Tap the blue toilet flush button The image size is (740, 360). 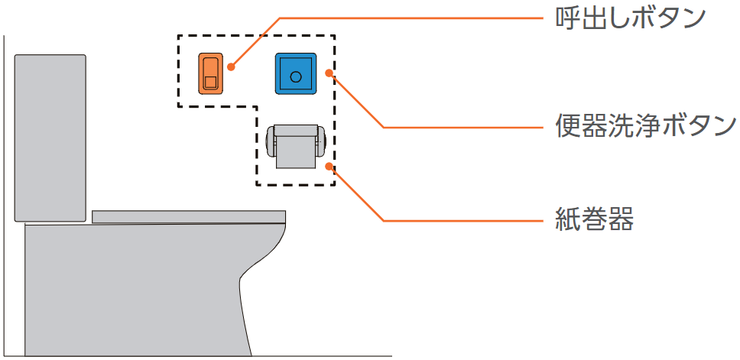coord(295,73)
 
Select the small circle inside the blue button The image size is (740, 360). coord(295,75)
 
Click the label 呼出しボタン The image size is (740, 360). coord(629,18)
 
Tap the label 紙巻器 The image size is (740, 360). coord(593,221)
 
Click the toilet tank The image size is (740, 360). coord(50,138)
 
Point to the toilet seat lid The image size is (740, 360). coord(188,216)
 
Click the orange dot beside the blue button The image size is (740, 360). coord(329,73)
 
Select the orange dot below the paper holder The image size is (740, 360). coord(329,165)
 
